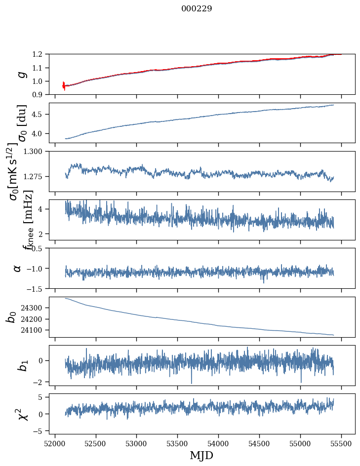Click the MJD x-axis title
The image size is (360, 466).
tap(201, 455)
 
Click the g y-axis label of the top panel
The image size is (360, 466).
tap(21, 74)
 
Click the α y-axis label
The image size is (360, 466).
tap(18, 268)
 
